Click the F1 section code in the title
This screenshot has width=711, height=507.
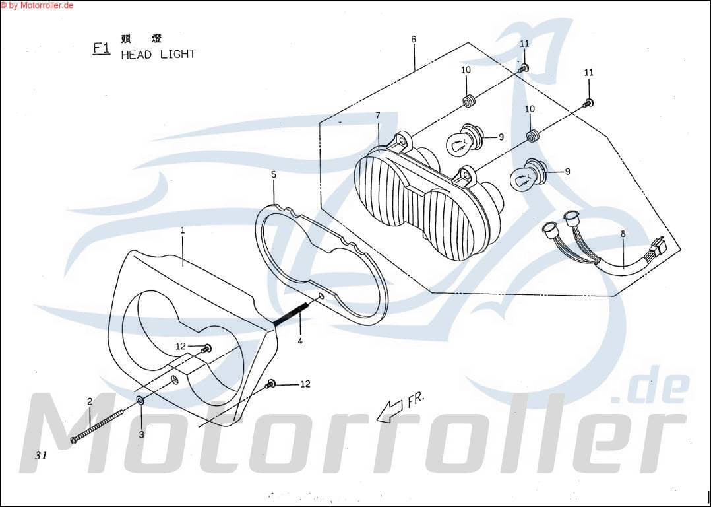click(x=101, y=48)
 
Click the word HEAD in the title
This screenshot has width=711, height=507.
click(x=137, y=55)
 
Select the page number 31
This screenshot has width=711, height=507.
click(x=42, y=455)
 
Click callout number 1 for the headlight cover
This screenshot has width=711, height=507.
click(x=183, y=230)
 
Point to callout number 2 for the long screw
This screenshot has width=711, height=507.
click(x=90, y=401)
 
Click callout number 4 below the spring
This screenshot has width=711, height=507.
click(x=300, y=341)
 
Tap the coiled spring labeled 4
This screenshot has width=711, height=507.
click(x=290, y=314)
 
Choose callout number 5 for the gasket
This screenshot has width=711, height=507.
click(x=274, y=174)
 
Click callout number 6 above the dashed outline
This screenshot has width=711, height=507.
click(x=414, y=39)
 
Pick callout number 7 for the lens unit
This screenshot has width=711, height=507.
click(x=378, y=116)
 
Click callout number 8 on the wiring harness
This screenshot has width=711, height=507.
click(x=623, y=233)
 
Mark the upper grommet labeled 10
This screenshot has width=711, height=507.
click(x=469, y=102)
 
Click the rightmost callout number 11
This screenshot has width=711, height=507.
click(x=589, y=71)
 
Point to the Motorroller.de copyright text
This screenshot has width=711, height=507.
click(x=37, y=5)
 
